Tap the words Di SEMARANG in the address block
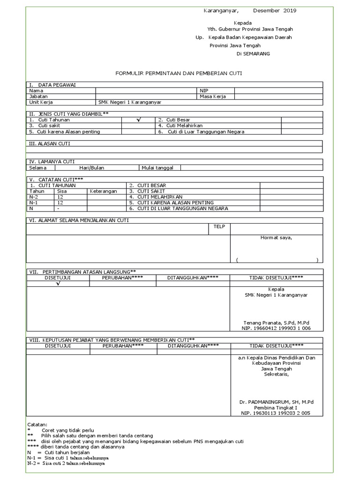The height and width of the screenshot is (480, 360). pyautogui.click(x=253, y=53)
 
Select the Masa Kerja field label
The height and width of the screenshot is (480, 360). pyautogui.click(x=212, y=96)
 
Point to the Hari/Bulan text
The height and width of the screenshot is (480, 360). pyautogui.click(x=92, y=167)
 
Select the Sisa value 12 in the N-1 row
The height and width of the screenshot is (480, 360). pyautogui.click(x=60, y=203)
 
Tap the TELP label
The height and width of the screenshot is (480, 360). pyautogui.click(x=219, y=227)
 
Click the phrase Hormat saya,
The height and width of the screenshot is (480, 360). pyautogui.click(x=276, y=238)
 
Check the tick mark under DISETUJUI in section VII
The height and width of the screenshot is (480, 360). pyautogui.click(x=58, y=284)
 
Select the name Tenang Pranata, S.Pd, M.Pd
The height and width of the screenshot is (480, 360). pyautogui.click(x=276, y=323)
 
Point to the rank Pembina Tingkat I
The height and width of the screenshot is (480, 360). pyautogui.click(x=276, y=408)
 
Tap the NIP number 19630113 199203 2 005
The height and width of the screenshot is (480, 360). pyautogui.click(x=276, y=413)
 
